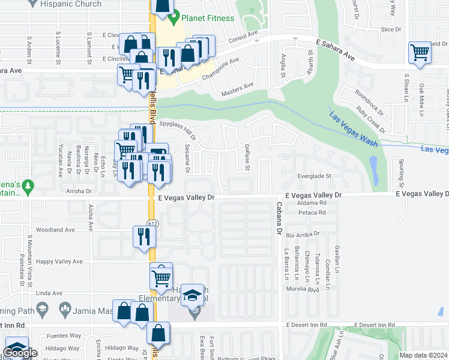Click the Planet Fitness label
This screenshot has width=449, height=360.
pyautogui.click(x=208, y=18)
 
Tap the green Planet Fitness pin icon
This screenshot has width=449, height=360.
pyautogui.click(x=174, y=17)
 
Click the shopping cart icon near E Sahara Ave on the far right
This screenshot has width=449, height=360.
pyautogui.click(x=420, y=52)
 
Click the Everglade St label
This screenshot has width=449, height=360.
pyautogui.click(x=315, y=176)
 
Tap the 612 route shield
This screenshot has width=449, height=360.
pyautogui.click(x=153, y=223)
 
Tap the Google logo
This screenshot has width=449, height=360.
pyautogui.click(x=20, y=353)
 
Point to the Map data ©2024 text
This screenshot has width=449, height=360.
pyautogui.click(x=423, y=355)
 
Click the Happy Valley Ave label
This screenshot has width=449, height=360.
pyautogui.click(x=59, y=262)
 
